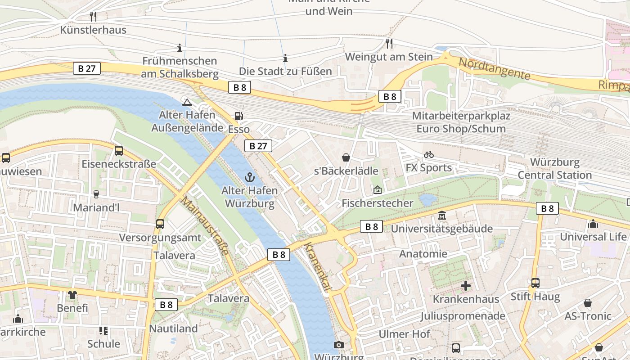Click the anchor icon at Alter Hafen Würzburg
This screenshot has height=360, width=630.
[x=250, y=177]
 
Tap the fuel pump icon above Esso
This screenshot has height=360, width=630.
[x=239, y=116]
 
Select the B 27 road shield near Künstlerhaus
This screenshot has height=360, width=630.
[x=87, y=68]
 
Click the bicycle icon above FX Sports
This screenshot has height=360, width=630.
[x=429, y=154]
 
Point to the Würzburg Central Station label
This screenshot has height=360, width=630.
[x=554, y=169]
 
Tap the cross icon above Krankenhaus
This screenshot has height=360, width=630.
[x=466, y=286]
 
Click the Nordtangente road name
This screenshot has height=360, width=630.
[x=494, y=68]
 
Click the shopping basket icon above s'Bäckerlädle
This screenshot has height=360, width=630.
[x=346, y=157]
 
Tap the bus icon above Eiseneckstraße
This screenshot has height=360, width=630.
[x=119, y=151]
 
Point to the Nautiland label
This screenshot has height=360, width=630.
[x=173, y=328]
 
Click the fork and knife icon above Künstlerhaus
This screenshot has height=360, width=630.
[x=93, y=17]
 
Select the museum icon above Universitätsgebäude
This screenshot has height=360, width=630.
[x=442, y=216]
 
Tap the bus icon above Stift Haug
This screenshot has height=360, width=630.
[x=535, y=283]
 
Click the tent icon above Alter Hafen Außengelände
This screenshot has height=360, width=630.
[x=187, y=102]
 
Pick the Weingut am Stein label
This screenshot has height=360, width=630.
[x=389, y=57]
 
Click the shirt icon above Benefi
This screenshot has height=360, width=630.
[x=72, y=295]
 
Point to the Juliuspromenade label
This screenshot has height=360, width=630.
[x=463, y=316]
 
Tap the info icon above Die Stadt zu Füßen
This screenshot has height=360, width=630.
[x=285, y=58]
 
